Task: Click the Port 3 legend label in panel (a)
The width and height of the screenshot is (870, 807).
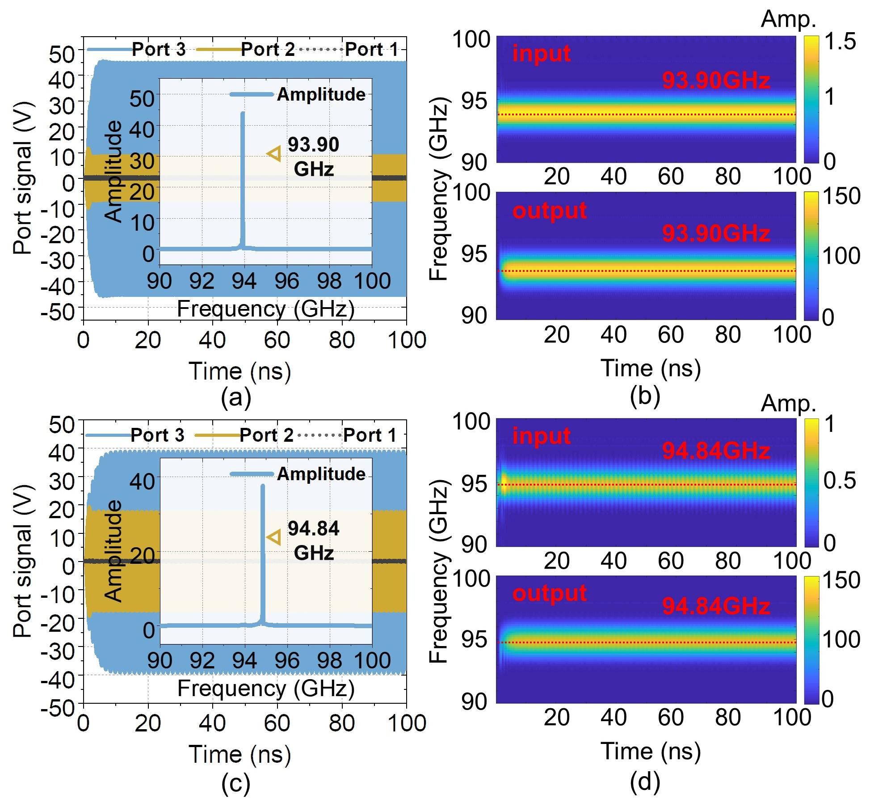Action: click(x=159, y=49)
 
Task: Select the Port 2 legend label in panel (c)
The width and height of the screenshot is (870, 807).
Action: click(x=267, y=435)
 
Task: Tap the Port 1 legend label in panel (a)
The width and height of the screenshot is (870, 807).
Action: click(x=371, y=49)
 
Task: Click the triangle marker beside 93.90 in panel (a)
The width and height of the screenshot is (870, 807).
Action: click(x=274, y=153)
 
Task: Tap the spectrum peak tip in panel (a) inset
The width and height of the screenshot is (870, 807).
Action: click(x=243, y=113)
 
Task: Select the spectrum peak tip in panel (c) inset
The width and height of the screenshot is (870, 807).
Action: click(x=262, y=486)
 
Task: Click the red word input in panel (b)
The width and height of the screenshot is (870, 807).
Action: click(x=541, y=54)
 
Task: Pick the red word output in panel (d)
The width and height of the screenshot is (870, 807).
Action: click(x=549, y=593)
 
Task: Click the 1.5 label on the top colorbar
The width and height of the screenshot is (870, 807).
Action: click(x=840, y=42)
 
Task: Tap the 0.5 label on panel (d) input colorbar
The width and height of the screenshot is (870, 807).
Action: click(x=840, y=481)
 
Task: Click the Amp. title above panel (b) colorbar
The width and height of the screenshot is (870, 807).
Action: click(x=788, y=19)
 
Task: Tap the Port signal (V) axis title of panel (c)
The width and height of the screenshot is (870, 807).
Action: click(x=23, y=561)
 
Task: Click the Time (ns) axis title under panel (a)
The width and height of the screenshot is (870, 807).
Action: click(x=240, y=372)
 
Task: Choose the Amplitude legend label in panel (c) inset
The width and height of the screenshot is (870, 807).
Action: click(x=321, y=474)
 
